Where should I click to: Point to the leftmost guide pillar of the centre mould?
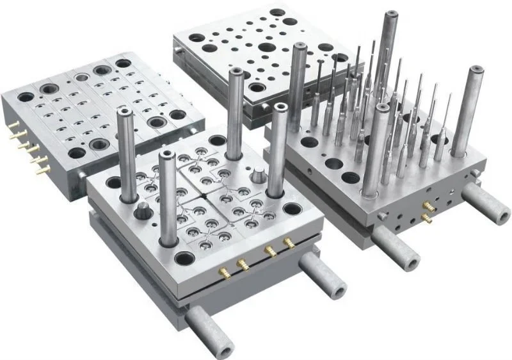pyautogui.click(x=126, y=147)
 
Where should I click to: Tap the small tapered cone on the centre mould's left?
pyautogui.click(x=141, y=212)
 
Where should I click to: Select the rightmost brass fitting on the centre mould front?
pyautogui.click(x=288, y=243)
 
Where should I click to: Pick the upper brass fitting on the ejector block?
pyautogui.click(x=425, y=205)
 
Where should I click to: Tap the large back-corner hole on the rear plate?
pyautogui.click(x=277, y=12)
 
